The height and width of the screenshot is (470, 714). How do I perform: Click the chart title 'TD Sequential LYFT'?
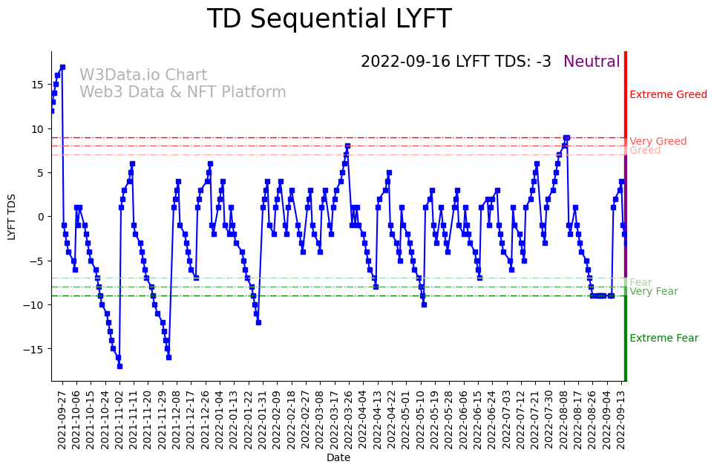pyautogui.click(x=329, y=19)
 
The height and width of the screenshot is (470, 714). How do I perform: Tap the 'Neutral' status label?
pyautogui.click(x=591, y=62)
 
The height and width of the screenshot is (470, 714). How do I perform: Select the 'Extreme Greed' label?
pyautogui.click(x=668, y=95)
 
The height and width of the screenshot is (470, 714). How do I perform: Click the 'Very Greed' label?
pyautogui.click(x=658, y=142)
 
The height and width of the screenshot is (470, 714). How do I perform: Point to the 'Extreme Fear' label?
pyautogui.click(x=664, y=339)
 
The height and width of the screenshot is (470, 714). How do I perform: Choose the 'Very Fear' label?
pyautogui.click(x=653, y=292)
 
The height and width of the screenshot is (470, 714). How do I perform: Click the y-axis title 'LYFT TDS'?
pyautogui.click(x=12, y=216)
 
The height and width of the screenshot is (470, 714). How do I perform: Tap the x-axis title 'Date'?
pyautogui.click(x=338, y=458)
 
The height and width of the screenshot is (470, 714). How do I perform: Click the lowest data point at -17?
pyautogui.click(x=119, y=366)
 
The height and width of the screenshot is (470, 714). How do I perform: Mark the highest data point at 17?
pyautogui.click(x=62, y=67)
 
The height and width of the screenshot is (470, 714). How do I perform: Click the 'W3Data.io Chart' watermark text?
pyautogui.click(x=143, y=76)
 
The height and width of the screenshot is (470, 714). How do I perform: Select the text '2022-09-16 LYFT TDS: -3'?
pyautogui.click(x=456, y=62)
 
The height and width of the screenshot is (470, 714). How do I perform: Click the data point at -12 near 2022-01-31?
pyautogui.click(x=258, y=322)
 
